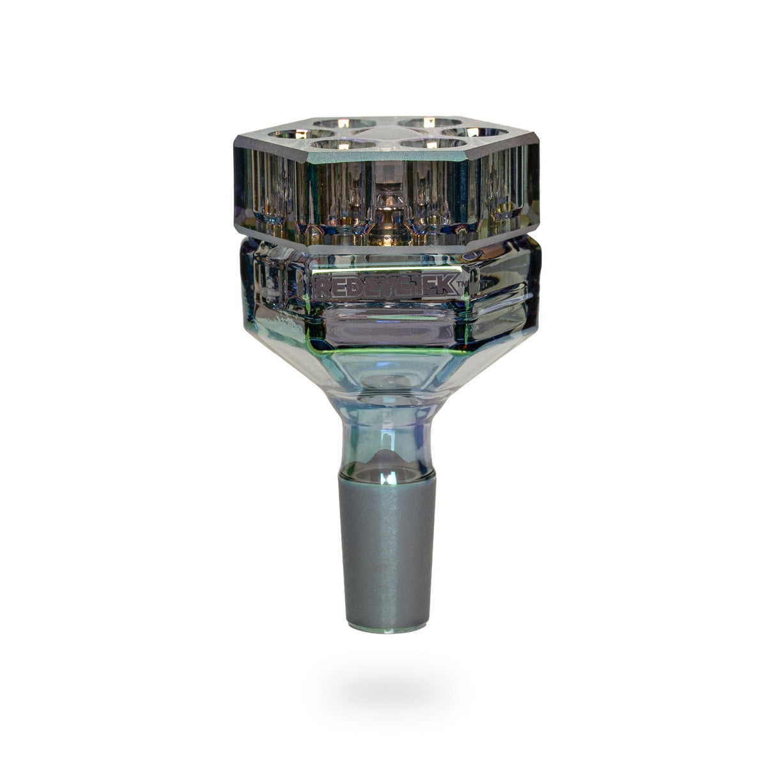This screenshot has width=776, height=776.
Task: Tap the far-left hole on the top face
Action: click(288, 134)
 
